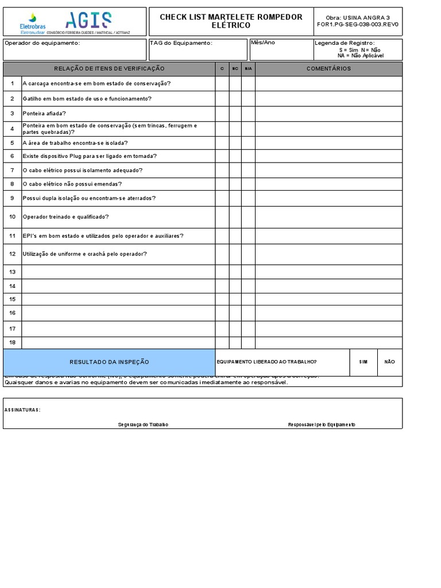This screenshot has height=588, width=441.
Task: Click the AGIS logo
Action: coord(88,20)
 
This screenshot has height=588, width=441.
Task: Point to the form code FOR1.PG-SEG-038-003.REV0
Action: coord(357,25)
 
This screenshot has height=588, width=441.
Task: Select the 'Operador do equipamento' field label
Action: coord(42,43)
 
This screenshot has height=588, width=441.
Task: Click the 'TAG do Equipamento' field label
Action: coord(181,43)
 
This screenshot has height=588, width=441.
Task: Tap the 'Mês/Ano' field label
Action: coord(263,43)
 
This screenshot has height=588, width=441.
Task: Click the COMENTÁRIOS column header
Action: coord(328,69)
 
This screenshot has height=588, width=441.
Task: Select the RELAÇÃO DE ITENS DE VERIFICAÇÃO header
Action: coord(109,69)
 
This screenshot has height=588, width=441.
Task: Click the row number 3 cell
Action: coord(12,114)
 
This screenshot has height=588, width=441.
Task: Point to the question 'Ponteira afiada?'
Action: coord(44,114)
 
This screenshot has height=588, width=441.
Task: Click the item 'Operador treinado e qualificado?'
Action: coord(65,217)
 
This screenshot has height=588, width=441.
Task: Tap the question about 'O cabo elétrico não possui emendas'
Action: coord(72,184)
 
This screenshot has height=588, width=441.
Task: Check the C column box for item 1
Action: coord(222,84)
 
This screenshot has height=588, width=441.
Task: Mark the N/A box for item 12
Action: coord(248,254)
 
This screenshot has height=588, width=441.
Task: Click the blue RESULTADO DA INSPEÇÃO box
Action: coord(109,362)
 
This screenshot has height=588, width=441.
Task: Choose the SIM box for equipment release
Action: coord(363,362)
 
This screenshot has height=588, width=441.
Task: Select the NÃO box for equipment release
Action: coord(389,362)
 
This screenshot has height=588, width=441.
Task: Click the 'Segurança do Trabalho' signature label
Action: coord(143,424)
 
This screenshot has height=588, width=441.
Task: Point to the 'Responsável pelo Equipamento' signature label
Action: coord(322,424)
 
